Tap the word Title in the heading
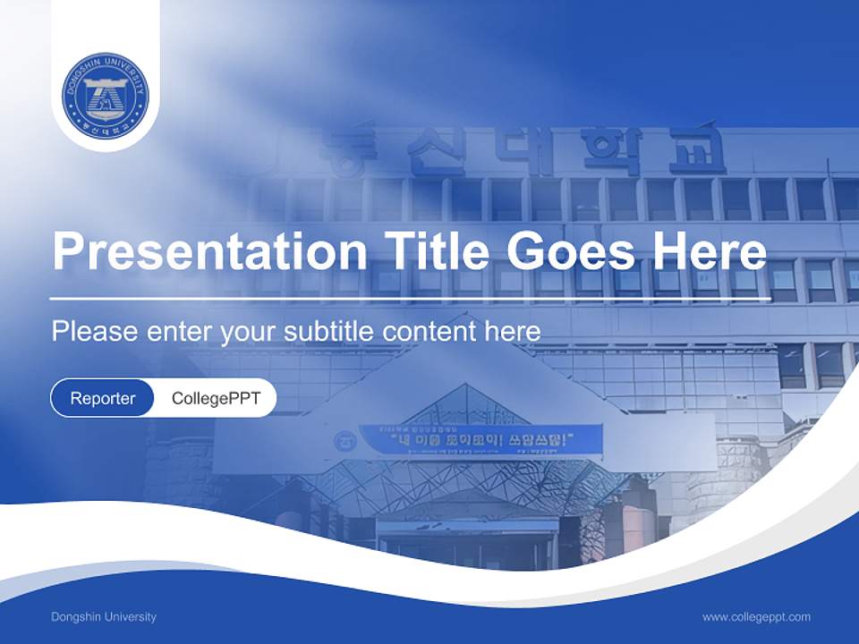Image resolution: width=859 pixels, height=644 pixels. pyautogui.click(x=430, y=251)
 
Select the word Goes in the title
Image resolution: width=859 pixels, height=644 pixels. pyautogui.click(x=569, y=251)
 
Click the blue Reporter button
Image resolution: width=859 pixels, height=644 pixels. pyautogui.click(x=103, y=398)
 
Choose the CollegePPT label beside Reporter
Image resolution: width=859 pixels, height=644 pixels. pyautogui.click(x=216, y=398)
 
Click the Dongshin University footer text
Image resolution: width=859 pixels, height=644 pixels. pyautogui.click(x=104, y=617)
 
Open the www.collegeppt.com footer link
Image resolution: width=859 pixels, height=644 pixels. pyautogui.click(x=756, y=617)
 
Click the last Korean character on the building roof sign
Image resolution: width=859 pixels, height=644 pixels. pyautogui.click(x=698, y=150)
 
